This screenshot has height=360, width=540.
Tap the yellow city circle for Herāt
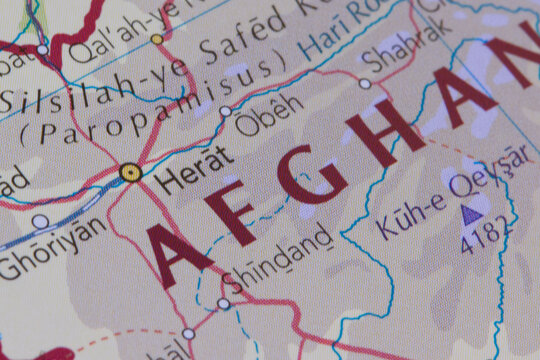(130, 172)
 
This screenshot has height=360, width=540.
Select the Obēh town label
(269, 118)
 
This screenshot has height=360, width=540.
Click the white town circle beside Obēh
(225, 112)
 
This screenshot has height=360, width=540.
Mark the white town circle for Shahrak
(365, 84)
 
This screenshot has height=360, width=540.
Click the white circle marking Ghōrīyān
(39, 222)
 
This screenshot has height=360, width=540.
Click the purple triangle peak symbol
(470, 213)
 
